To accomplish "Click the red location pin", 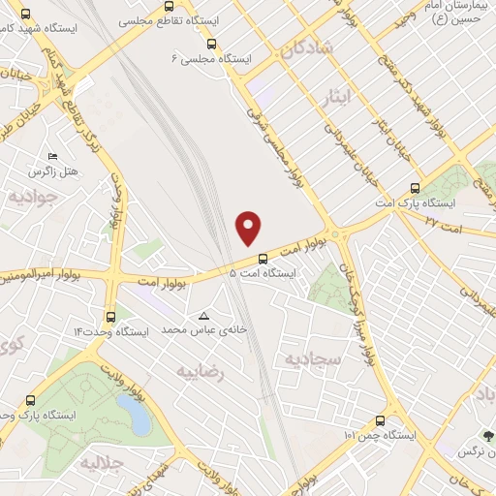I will tap(249, 227).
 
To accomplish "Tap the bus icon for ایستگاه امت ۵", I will tap(263, 258).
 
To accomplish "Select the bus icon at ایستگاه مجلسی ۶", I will tap(211, 44).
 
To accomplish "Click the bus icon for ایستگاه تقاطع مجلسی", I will tap(170, 18).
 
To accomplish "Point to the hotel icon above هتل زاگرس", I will tap(52, 156).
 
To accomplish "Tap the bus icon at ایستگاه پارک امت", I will tap(415, 188).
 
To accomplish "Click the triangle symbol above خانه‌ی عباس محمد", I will tap(203, 316).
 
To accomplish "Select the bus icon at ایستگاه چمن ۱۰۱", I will tap(378, 420).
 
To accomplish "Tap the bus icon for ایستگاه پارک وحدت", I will tap(30, 399).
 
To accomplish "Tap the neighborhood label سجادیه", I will tap(307, 358).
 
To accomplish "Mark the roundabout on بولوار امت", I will tap(335, 234).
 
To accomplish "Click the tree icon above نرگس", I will tap(488, 436).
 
